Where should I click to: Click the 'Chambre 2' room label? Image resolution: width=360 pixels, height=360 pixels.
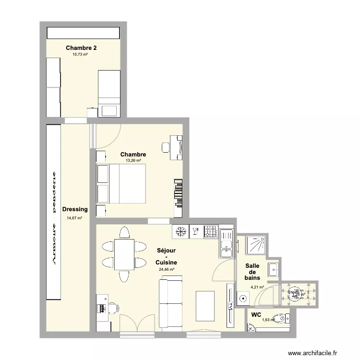(81, 48)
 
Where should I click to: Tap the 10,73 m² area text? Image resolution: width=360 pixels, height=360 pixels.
(80, 55)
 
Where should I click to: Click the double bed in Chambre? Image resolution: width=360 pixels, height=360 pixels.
(120, 183)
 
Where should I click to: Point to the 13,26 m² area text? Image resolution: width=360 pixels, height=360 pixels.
(133, 161)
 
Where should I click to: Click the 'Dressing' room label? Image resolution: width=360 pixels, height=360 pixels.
(75, 209)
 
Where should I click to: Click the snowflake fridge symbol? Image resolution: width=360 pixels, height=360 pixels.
(180, 232)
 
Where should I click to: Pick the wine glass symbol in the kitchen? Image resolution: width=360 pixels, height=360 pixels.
(195, 232)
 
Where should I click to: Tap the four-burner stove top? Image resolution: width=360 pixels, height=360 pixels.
(211, 232)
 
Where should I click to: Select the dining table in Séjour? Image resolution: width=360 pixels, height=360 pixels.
(124, 254)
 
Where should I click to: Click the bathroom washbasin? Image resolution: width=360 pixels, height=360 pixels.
(273, 269)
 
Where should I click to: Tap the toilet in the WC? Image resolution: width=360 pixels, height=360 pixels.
(280, 318)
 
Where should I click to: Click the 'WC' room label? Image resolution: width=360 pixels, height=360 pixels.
(256, 315)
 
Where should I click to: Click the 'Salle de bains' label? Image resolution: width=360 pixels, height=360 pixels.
(252, 272)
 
